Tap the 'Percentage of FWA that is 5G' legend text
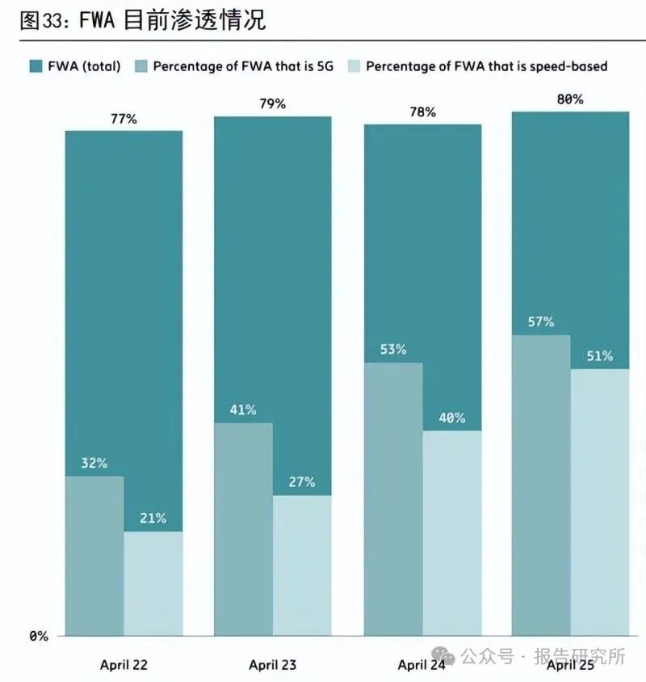click(241, 66)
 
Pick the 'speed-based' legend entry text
click(486, 66)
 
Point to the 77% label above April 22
click(124, 119)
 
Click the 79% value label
click(272, 103)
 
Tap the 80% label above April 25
click(570, 99)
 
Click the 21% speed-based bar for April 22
click(153, 583)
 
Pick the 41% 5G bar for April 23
click(243, 529)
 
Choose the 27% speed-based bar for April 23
click(302, 566)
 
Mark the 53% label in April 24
click(392, 350)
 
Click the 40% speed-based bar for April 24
click(452, 533)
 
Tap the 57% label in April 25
click(541, 322)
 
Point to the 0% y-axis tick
click(39, 636)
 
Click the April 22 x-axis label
click(124, 665)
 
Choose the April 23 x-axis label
click(272, 665)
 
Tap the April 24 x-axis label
click(422, 665)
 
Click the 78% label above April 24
click(422, 112)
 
